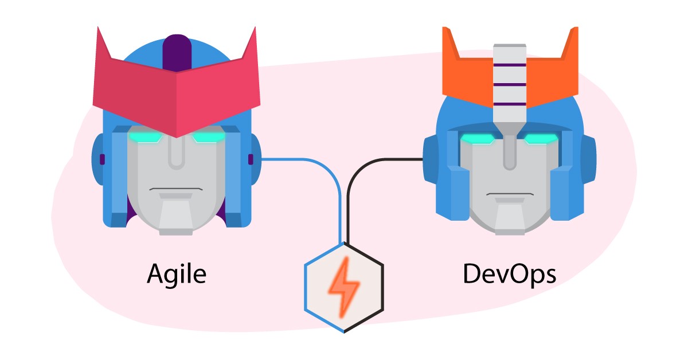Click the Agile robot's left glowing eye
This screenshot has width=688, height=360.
point(143,137)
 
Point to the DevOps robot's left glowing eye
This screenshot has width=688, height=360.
point(478,139)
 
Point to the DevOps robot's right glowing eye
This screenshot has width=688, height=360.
point(541,139)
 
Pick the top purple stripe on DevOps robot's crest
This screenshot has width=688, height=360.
point(509,65)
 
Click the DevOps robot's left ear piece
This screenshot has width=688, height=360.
point(431,158)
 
